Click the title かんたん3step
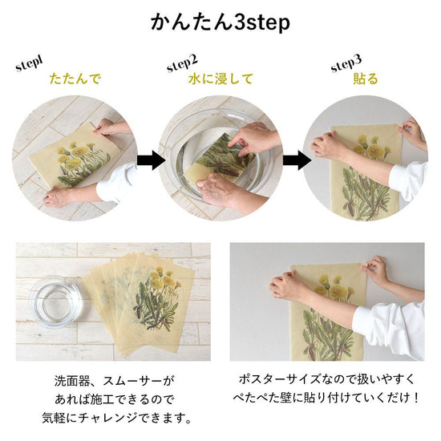[220, 22]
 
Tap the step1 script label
[30, 64]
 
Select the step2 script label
[182, 63]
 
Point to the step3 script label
[346, 63]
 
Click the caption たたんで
[75, 79]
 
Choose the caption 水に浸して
[220, 79]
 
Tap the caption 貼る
[366, 79]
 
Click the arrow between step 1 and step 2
[152, 160]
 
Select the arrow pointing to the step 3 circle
[297, 160]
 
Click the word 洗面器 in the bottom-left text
[72, 381]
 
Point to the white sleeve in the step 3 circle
[409, 180]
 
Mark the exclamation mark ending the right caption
[415, 398]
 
